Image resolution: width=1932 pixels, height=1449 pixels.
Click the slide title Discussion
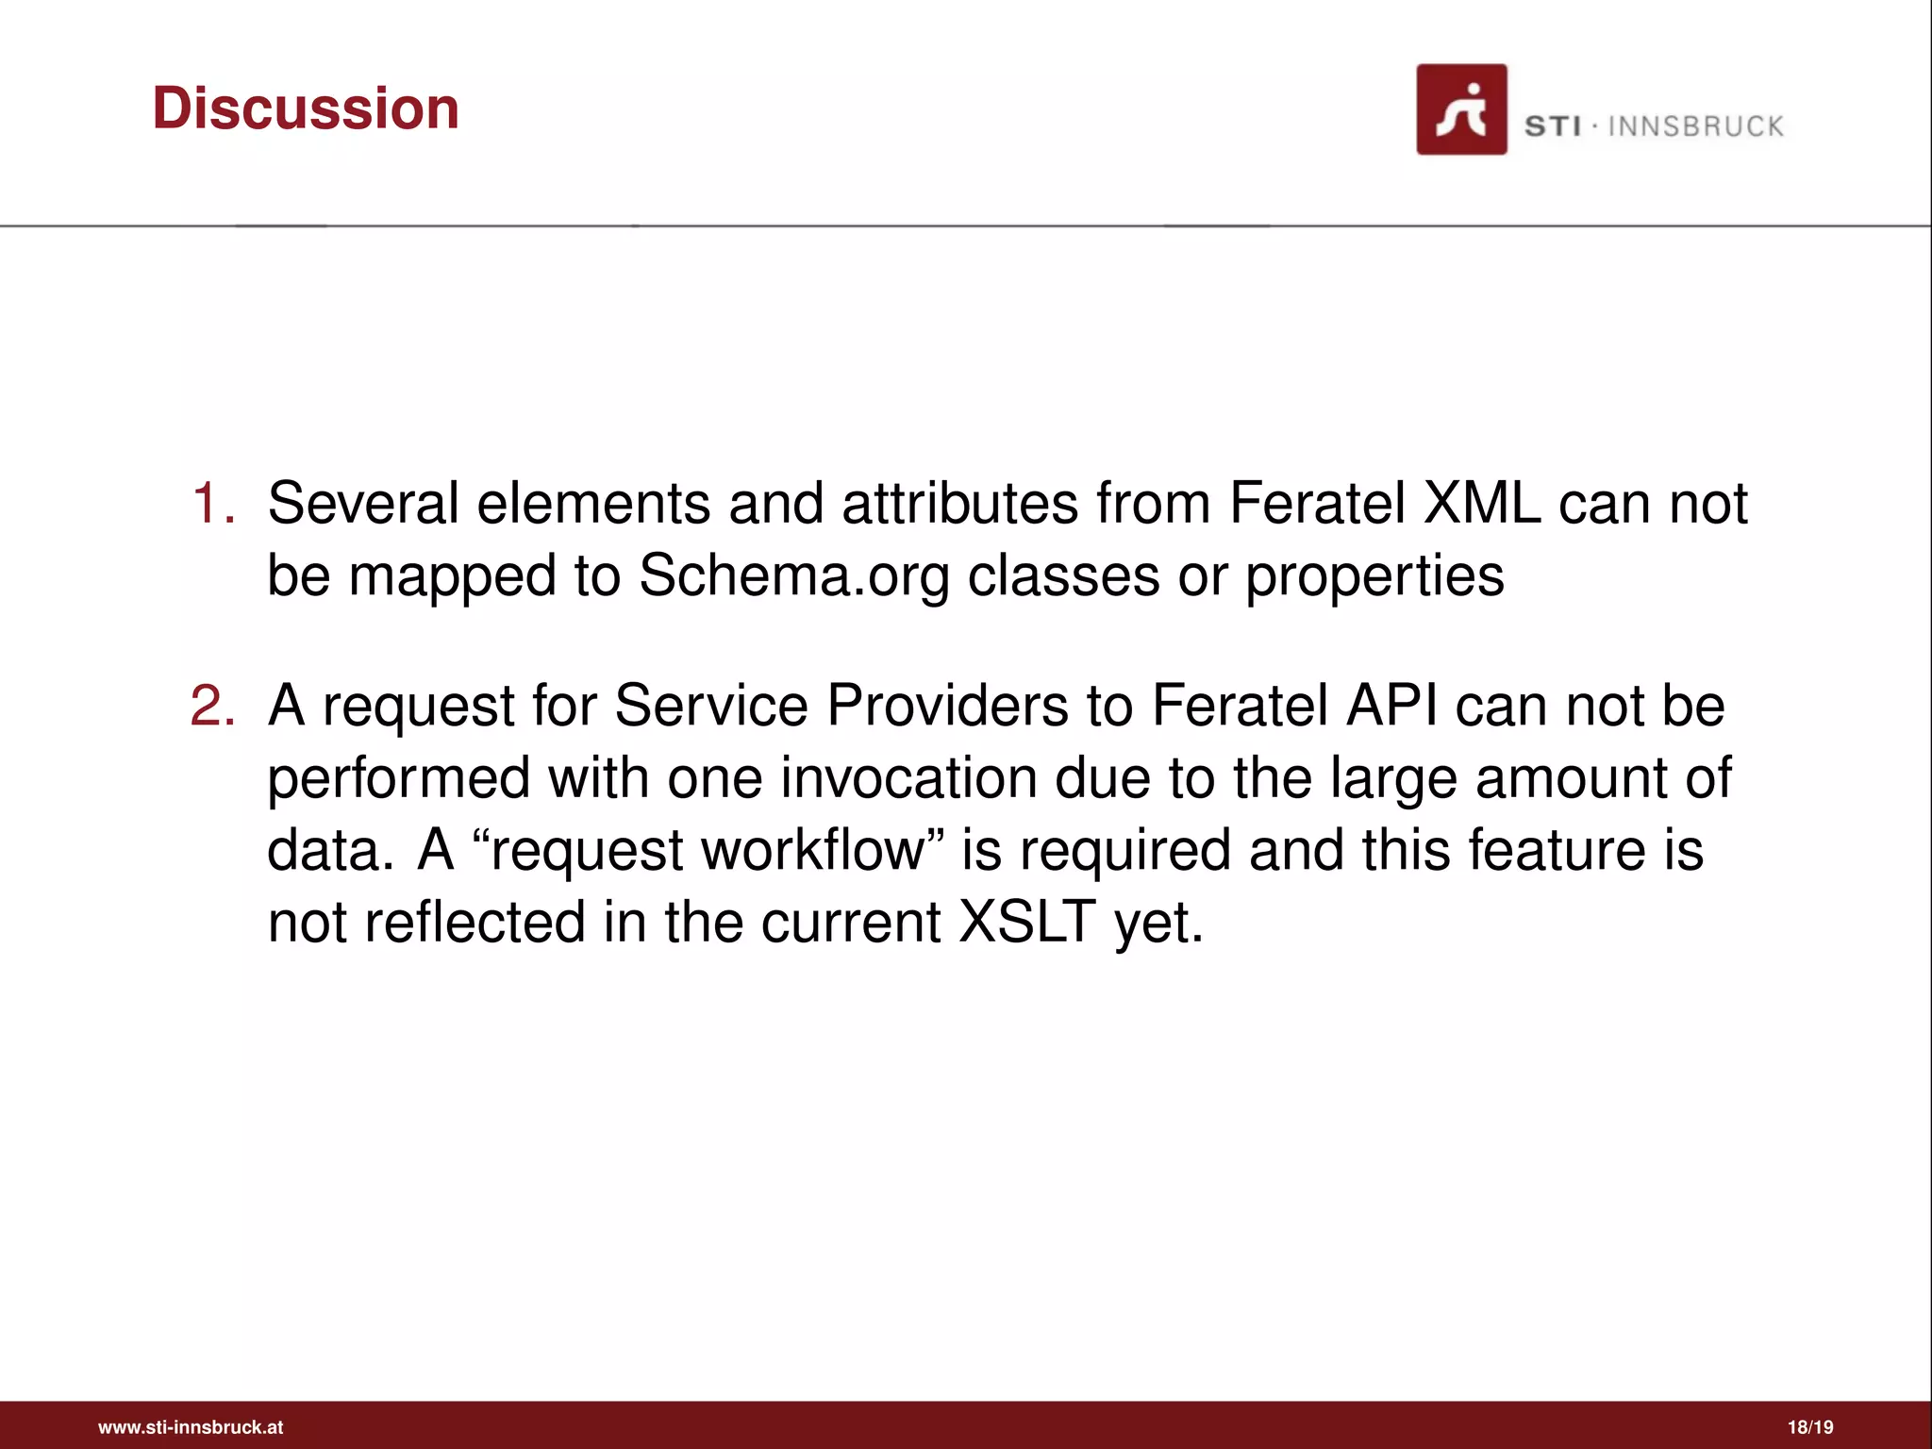(x=306, y=108)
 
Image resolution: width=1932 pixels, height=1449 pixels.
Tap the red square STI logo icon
(x=1460, y=109)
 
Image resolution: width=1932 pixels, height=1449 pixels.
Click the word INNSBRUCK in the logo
(x=1695, y=126)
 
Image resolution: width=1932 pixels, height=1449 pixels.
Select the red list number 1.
(x=212, y=503)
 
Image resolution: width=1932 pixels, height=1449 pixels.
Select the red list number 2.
(x=212, y=706)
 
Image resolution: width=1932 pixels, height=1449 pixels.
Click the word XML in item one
(x=1481, y=503)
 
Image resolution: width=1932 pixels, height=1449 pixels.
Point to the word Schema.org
(x=794, y=575)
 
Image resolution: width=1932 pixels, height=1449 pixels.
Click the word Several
(x=363, y=503)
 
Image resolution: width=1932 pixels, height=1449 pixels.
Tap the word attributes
(x=959, y=503)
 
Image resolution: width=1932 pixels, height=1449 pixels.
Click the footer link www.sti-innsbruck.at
(x=191, y=1427)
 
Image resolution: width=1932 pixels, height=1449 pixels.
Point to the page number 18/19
(x=1810, y=1427)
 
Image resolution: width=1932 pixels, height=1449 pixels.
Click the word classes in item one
(x=1063, y=575)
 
